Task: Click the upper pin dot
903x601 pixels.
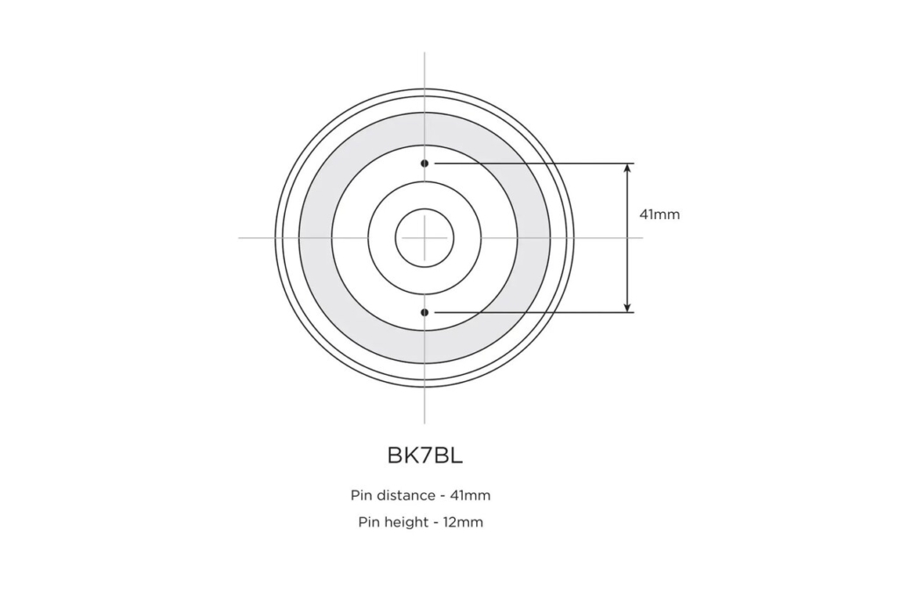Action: click(x=424, y=164)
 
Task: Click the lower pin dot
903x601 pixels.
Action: click(x=424, y=313)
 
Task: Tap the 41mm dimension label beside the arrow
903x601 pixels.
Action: click(x=659, y=215)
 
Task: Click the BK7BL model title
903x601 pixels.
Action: click(x=425, y=456)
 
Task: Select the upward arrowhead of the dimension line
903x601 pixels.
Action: click(x=628, y=169)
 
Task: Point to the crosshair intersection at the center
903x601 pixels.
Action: click(x=424, y=237)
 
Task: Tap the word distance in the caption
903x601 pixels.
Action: click(x=404, y=496)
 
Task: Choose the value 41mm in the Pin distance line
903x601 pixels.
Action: click(x=471, y=496)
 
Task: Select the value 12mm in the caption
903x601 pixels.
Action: click(x=463, y=523)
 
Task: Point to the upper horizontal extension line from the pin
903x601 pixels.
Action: click(x=534, y=164)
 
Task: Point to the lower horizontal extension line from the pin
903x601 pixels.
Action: click(x=534, y=313)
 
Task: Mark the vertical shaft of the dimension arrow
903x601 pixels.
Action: click(x=628, y=237)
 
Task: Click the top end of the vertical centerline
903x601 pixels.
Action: click(x=424, y=53)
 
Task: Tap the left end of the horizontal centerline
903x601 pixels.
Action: click(x=239, y=237)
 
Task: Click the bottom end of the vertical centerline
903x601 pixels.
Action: click(x=424, y=423)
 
